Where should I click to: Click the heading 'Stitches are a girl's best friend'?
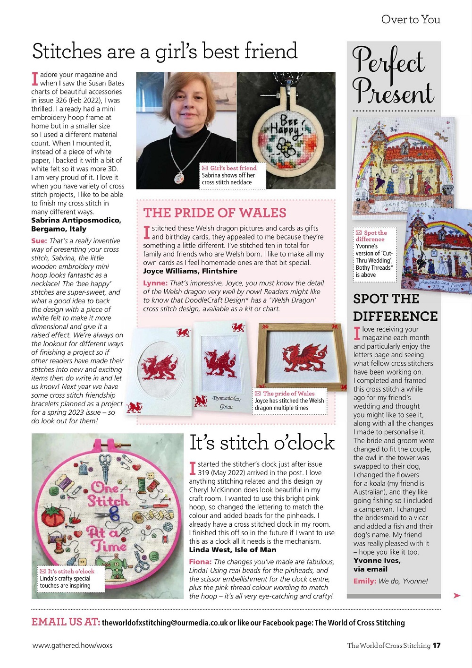(165, 51)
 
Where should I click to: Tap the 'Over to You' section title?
(411, 19)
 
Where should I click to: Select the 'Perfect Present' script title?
(393, 76)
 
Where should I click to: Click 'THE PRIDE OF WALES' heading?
(215, 213)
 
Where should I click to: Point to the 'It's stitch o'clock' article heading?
(261, 443)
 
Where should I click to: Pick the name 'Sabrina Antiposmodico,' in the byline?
(76, 220)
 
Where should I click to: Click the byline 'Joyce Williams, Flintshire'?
(190, 271)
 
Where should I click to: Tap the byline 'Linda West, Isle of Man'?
(233, 550)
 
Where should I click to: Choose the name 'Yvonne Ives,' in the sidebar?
(377, 561)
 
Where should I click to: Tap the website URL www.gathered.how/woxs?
(72, 645)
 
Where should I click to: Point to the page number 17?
(437, 645)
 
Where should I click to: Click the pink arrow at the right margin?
(456, 596)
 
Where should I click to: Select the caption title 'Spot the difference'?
(371, 236)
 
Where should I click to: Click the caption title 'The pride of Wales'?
(288, 394)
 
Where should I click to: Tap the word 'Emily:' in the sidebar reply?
(364, 581)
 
